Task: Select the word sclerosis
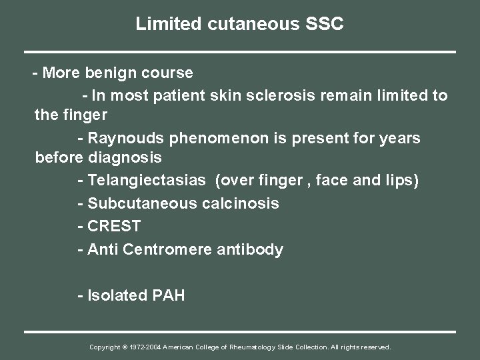[x=271, y=95]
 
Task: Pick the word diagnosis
[x=125, y=158]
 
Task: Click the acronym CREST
[x=113, y=227]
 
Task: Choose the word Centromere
[x=170, y=250]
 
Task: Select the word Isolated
[x=114, y=295]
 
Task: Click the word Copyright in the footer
[x=104, y=347]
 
